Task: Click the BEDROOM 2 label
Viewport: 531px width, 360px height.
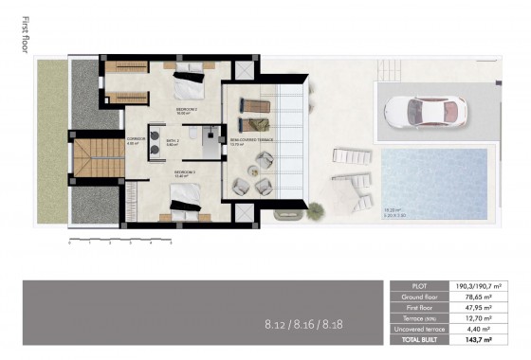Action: click(187, 110)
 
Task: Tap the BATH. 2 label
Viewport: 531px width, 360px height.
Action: click(173, 141)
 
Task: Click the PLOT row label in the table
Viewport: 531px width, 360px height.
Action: click(421, 285)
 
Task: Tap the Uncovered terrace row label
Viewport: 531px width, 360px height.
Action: click(421, 328)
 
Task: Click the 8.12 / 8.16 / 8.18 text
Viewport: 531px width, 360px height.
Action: click(304, 324)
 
